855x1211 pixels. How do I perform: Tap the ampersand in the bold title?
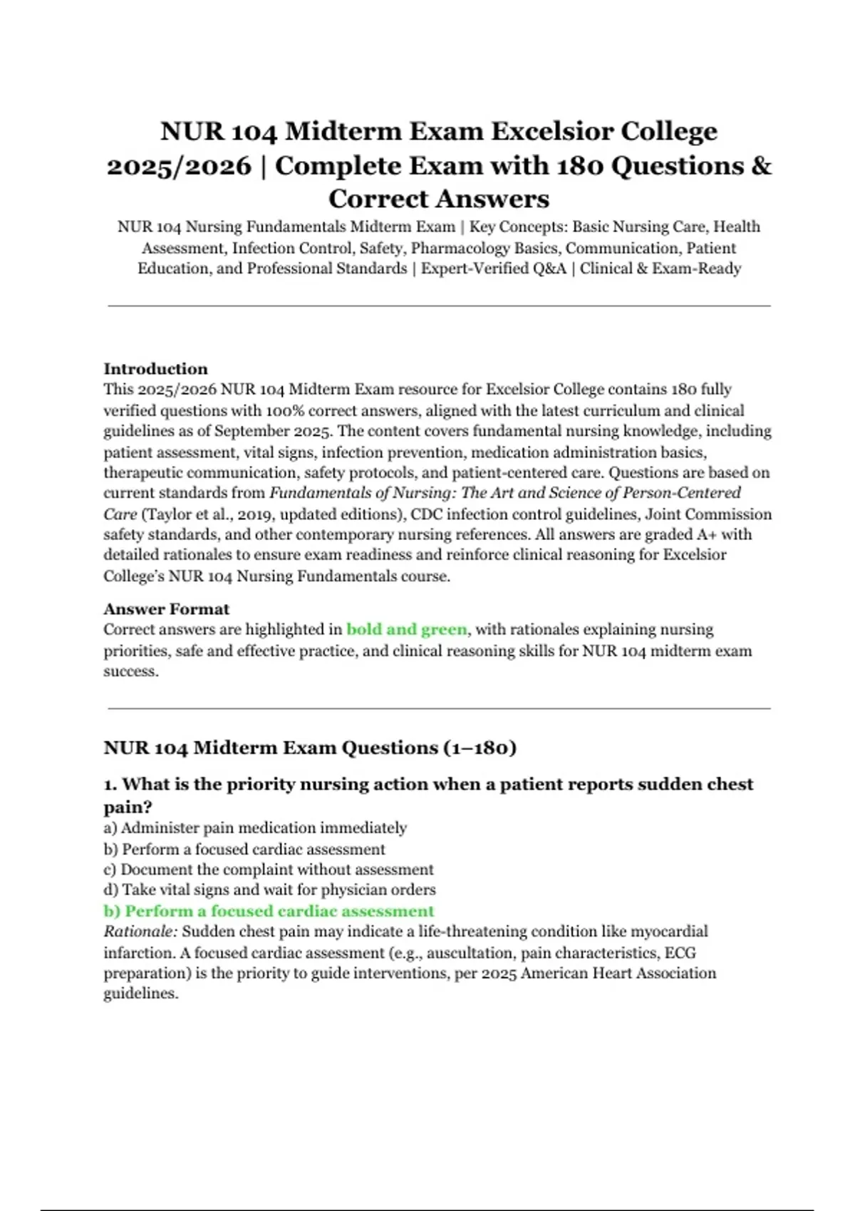761,166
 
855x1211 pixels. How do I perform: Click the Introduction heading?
155,369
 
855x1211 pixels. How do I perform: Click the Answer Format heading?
166,609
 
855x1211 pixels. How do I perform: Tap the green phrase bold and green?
407,630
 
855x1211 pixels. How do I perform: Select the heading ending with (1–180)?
310,747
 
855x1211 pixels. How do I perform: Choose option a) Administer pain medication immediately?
255,828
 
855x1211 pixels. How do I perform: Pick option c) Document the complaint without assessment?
269,870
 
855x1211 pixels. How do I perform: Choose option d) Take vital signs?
269,890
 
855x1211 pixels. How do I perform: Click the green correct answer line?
269,911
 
